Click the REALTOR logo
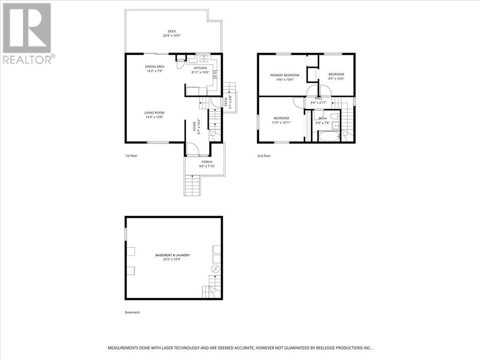tap(27, 33)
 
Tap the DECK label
tap(172, 31)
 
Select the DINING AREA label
tap(154, 67)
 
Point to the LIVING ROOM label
tap(154, 112)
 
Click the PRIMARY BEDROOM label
tap(285, 75)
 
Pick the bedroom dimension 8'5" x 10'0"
tap(336, 80)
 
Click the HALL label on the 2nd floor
tap(319, 98)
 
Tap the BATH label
tap(322, 118)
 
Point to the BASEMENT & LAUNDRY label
tap(172, 255)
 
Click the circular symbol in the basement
tap(216, 269)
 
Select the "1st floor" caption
tap(131, 156)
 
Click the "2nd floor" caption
tap(264, 156)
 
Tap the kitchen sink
tap(204, 60)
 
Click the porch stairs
tap(192, 185)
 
